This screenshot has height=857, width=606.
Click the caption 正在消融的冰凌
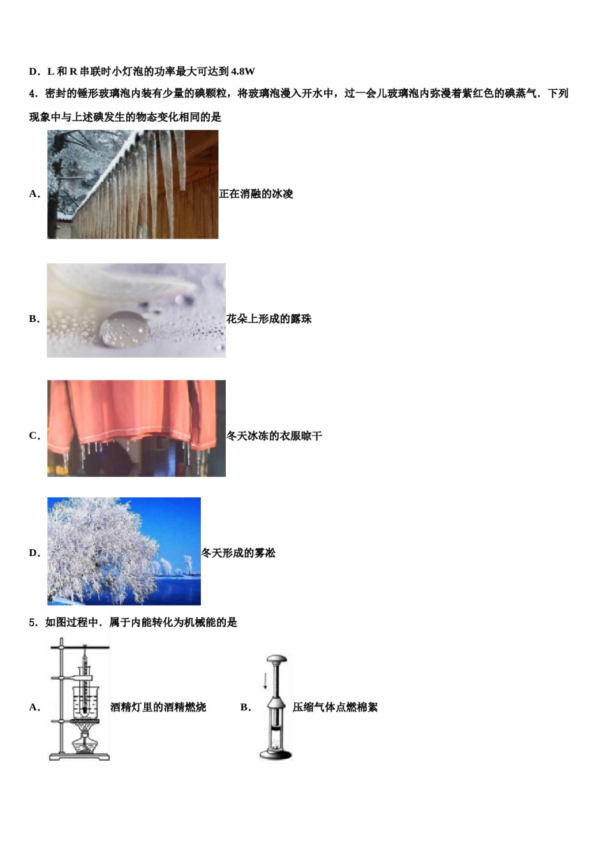click(x=256, y=194)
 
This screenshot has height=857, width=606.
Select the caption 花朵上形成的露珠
click(x=269, y=319)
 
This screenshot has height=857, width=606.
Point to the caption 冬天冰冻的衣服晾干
click(x=274, y=436)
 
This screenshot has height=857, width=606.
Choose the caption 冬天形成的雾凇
click(x=238, y=553)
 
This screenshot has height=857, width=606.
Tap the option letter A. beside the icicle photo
click(x=34, y=194)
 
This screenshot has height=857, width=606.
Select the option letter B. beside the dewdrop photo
click(x=34, y=319)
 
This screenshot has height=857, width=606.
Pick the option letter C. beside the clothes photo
click(x=34, y=436)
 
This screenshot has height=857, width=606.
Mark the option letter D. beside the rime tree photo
click(x=34, y=553)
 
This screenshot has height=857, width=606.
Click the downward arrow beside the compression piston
click(x=265, y=680)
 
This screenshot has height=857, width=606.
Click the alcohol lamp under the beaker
click(x=85, y=743)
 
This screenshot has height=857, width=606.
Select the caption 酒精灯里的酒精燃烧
click(x=158, y=707)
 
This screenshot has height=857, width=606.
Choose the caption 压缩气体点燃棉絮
click(x=335, y=707)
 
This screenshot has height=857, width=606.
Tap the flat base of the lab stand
click(x=79, y=757)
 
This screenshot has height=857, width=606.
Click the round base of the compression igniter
click(x=276, y=754)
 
